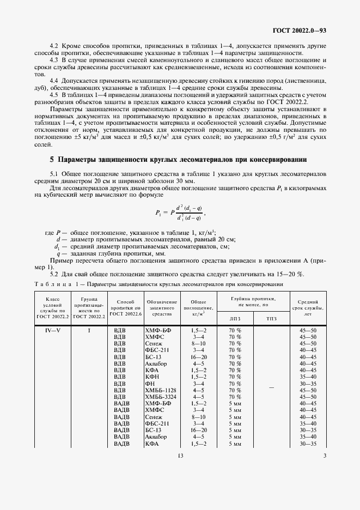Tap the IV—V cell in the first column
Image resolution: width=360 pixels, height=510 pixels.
tap(52, 330)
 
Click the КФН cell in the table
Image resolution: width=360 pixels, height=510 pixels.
tap(151, 376)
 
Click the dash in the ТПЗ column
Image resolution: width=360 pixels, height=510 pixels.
tap(271, 387)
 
